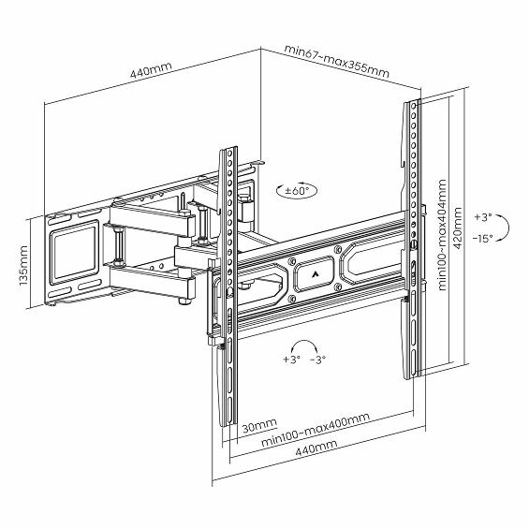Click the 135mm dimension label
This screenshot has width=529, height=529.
(x=23, y=266)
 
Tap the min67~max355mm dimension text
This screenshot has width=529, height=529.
(x=337, y=61)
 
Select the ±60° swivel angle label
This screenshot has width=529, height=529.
(x=297, y=191)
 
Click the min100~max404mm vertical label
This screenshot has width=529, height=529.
(x=442, y=234)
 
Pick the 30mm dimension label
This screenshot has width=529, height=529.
(x=259, y=425)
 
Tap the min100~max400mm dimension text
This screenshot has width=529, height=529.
(x=316, y=429)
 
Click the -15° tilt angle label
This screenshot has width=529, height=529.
(x=483, y=239)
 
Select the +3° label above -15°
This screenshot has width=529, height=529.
(x=483, y=217)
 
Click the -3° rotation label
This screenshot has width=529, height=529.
(x=317, y=360)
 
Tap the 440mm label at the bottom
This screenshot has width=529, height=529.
(x=316, y=448)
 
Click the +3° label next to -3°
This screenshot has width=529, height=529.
(x=291, y=360)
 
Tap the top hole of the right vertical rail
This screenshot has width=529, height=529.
(x=414, y=107)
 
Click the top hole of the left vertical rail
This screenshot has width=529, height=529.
(x=229, y=154)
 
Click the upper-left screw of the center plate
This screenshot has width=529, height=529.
(x=292, y=261)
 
